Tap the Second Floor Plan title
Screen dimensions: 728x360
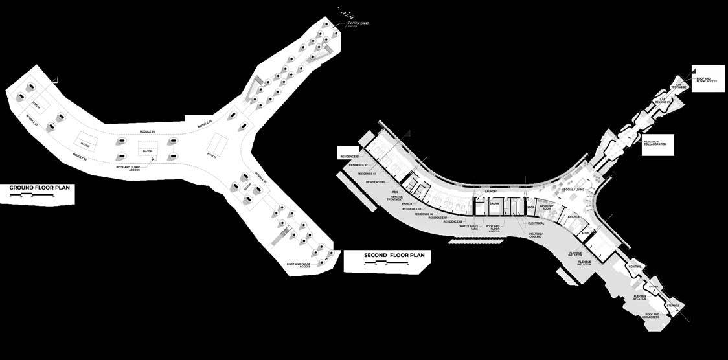tap(387, 256)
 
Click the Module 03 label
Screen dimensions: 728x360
tap(148, 132)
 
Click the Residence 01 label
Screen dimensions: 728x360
tap(348, 156)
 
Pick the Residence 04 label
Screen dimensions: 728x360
tap(375, 183)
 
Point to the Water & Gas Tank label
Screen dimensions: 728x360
tap(473, 227)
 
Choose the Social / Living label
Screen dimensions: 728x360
tap(574, 190)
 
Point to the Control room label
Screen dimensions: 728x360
tap(635, 267)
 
